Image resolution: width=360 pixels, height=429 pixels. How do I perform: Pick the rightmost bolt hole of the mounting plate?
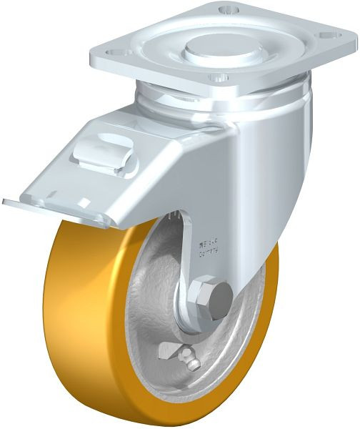tap(329, 32)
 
